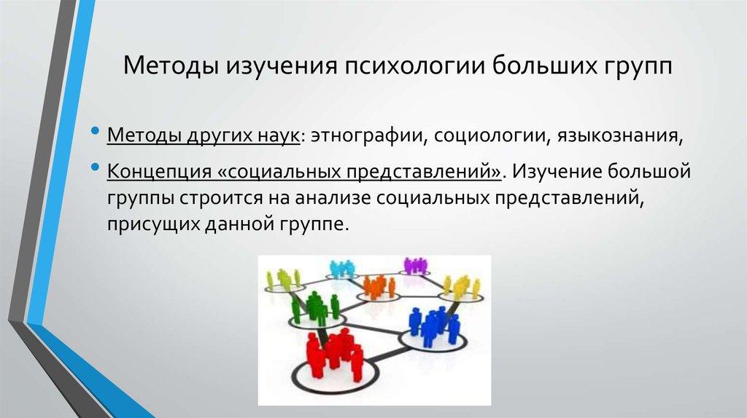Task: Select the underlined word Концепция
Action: tap(151, 172)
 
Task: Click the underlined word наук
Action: tap(274, 136)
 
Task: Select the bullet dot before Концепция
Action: tap(97, 168)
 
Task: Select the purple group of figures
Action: tap(414, 265)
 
